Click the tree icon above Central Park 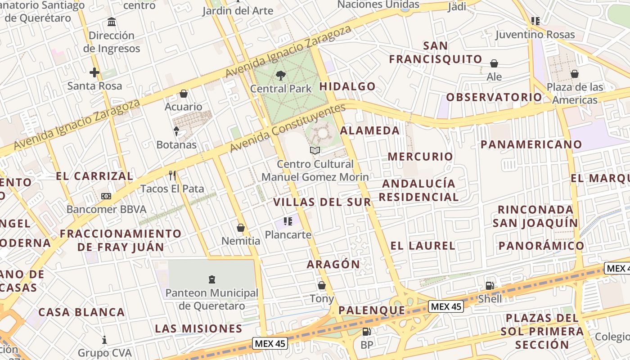pyautogui.click(x=281, y=75)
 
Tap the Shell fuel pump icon pyautogui.click(x=490, y=285)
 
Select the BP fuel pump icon pyautogui.click(x=367, y=332)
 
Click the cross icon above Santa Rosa pyautogui.click(x=94, y=72)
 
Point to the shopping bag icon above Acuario pyautogui.click(x=184, y=94)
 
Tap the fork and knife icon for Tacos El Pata pyautogui.click(x=172, y=175)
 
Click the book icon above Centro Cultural pyautogui.click(x=315, y=151)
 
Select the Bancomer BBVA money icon pyautogui.click(x=106, y=196)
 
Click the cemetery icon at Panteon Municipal pyautogui.click(x=211, y=279)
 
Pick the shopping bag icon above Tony pyautogui.click(x=322, y=285)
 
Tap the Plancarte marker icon pyautogui.click(x=288, y=221)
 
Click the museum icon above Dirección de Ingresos pyautogui.click(x=112, y=22)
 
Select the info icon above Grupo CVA pyautogui.click(x=104, y=339)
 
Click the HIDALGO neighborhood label pyautogui.click(x=347, y=86)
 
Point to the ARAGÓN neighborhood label pyautogui.click(x=333, y=264)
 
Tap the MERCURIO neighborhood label pyautogui.click(x=420, y=157)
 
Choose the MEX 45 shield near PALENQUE pyautogui.click(x=445, y=306)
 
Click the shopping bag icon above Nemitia pyautogui.click(x=241, y=228)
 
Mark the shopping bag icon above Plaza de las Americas pyautogui.click(x=574, y=74)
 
